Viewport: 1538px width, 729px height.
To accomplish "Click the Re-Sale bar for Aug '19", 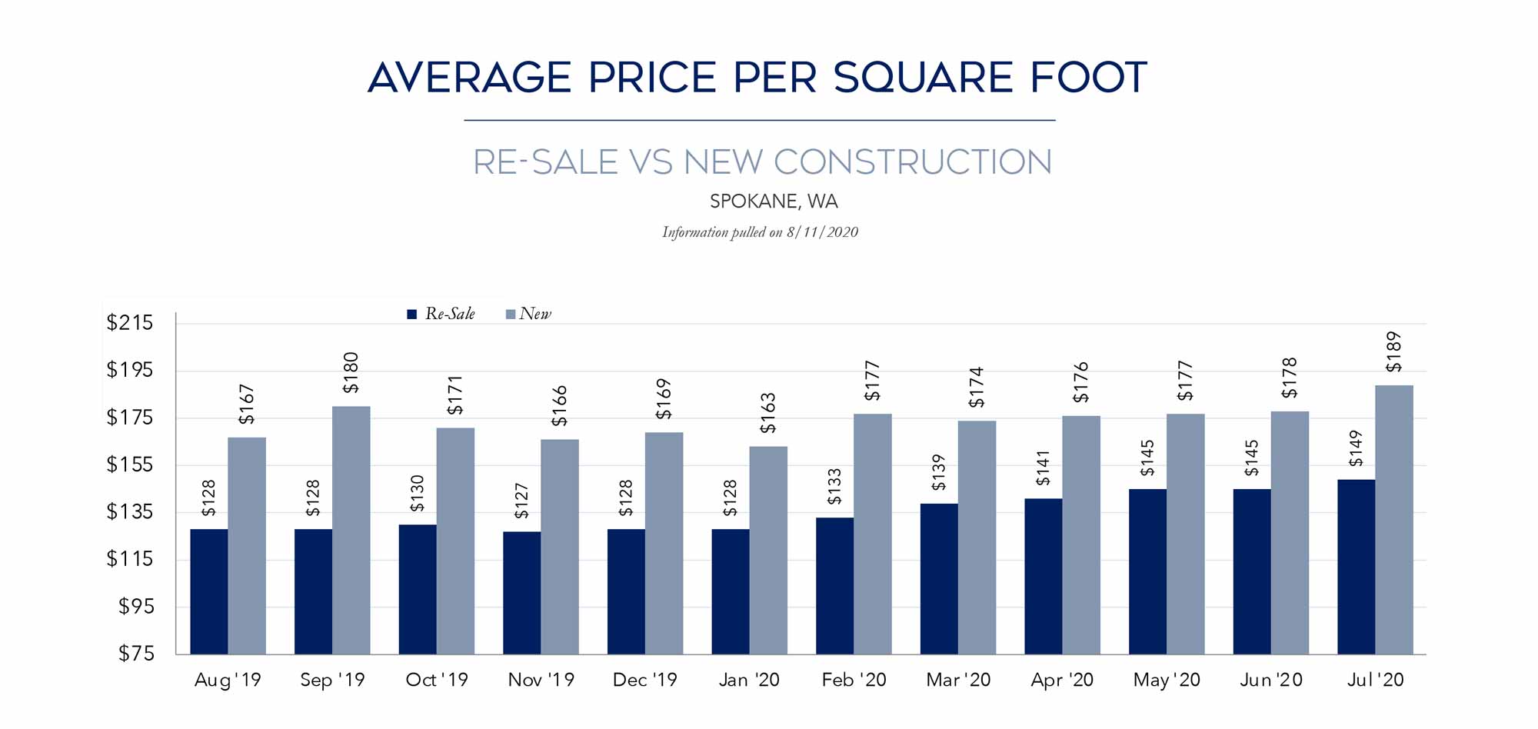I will click(x=209, y=591).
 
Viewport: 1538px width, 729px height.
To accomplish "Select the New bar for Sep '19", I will click(x=351, y=530).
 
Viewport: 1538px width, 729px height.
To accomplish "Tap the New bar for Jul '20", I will click(x=1394, y=519).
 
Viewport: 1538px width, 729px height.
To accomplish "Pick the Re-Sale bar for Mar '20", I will click(x=939, y=578).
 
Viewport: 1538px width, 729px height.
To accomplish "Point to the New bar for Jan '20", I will click(x=768, y=550).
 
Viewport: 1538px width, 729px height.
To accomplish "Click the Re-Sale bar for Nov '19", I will click(x=522, y=592).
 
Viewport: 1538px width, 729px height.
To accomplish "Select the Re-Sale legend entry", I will click(x=441, y=314).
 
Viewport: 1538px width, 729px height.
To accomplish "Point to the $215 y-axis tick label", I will click(x=130, y=323).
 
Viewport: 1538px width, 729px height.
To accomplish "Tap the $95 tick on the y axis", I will click(x=136, y=607).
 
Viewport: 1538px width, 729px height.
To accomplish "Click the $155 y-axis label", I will click(x=130, y=464).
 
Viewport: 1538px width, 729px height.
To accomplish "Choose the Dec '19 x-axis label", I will click(x=644, y=680).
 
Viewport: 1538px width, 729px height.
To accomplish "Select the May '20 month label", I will click(x=1167, y=680).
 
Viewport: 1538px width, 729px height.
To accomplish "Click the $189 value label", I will click(x=1393, y=352).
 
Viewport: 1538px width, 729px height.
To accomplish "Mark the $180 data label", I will click(x=351, y=373).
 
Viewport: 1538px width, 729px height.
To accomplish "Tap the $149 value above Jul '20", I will click(x=1356, y=448).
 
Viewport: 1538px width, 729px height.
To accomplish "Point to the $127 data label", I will click(x=521, y=501).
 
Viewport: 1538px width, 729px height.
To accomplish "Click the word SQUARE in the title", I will click(x=923, y=78).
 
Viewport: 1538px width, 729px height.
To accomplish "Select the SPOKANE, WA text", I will click(x=774, y=201).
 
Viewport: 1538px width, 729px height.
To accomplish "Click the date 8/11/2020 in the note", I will click(x=822, y=232).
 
